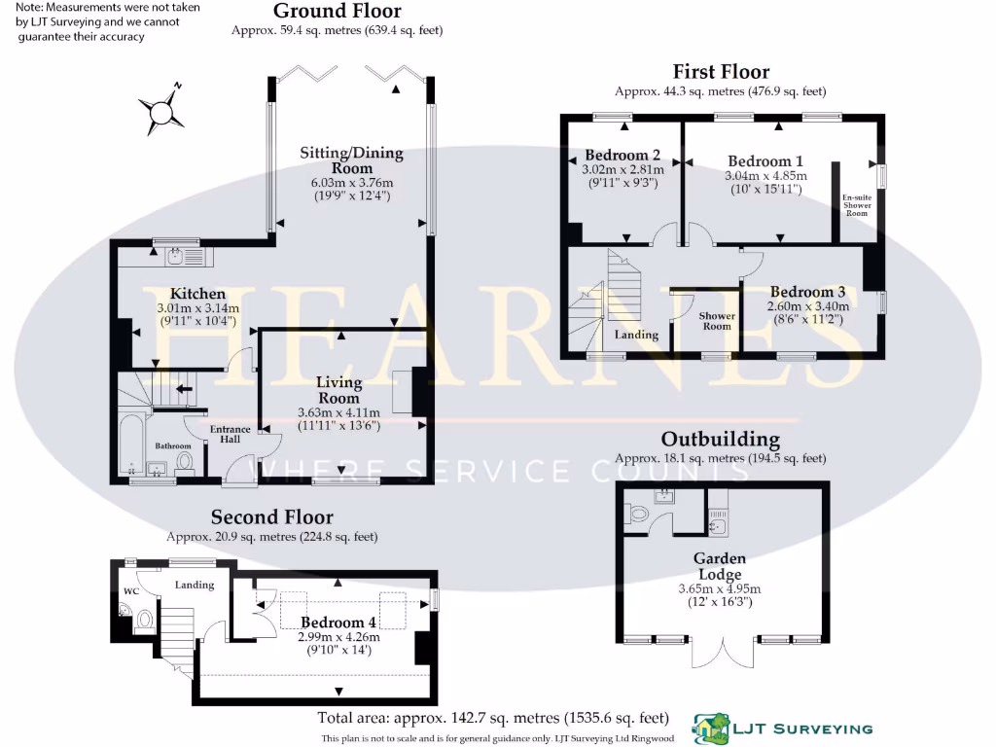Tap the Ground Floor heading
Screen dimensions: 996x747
tap(338, 11)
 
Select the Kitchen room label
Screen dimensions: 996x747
tap(197, 294)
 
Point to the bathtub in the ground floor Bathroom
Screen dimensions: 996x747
tap(132, 445)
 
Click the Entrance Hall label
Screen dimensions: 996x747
tap(230, 434)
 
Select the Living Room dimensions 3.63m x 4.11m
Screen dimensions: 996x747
tap(338, 412)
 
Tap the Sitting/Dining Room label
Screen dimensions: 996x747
tap(351, 160)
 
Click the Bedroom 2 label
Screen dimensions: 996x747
tap(622, 155)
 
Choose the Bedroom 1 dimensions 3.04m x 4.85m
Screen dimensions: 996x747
tap(766, 176)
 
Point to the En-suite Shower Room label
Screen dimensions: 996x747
tap(857, 205)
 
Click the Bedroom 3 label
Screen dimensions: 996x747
tap(807, 292)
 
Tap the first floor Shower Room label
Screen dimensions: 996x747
tap(717, 321)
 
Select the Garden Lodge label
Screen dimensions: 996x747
tap(720, 566)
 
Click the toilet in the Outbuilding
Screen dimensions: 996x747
tap(636, 513)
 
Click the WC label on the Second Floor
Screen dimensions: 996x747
tap(131, 591)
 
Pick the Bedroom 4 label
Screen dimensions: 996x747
tap(338, 622)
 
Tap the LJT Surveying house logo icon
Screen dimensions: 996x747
tap(711, 729)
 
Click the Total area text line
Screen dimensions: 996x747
tap(493, 719)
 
